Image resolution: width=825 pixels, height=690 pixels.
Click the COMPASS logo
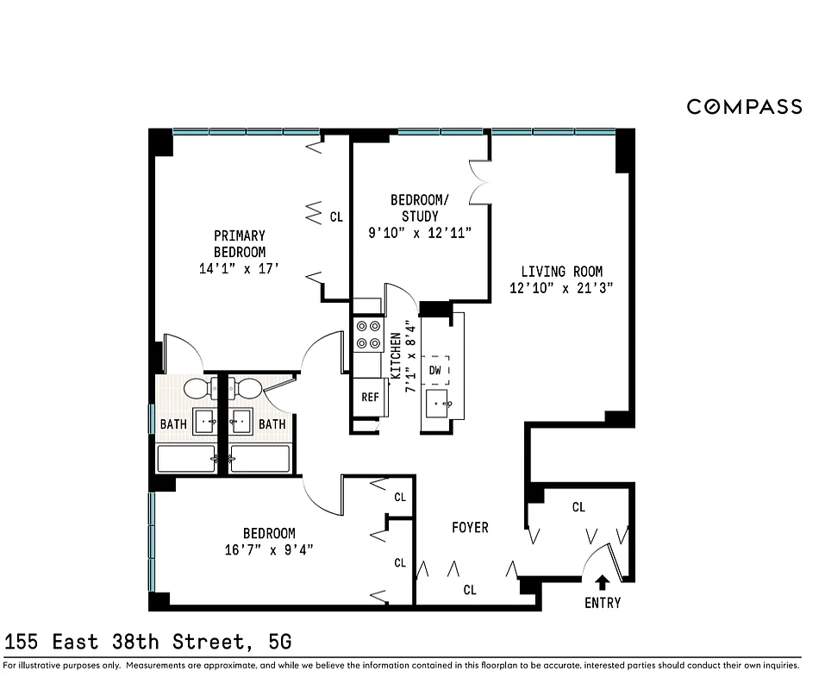point(744,107)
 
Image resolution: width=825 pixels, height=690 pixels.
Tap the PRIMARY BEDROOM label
point(240,243)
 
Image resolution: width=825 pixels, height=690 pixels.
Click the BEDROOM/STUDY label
point(420,208)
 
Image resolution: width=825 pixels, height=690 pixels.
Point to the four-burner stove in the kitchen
point(369,335)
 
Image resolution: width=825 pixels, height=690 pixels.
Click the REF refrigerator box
point(370,398)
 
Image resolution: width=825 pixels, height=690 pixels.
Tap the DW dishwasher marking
point(435,371)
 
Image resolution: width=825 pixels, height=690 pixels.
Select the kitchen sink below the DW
point(442,403)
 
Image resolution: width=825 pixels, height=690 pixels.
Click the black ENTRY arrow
point(603,583)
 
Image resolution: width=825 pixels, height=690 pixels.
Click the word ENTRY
point(603,603)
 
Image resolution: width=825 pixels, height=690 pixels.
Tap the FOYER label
point(470,527)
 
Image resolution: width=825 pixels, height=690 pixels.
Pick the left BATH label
point(173,424)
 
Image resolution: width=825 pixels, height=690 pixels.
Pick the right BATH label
point(272,424)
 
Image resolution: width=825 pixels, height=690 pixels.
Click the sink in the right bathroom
point(241,422)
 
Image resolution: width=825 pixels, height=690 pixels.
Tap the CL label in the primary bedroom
point(336,217)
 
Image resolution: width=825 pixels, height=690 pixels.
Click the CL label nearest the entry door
point(578,508)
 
